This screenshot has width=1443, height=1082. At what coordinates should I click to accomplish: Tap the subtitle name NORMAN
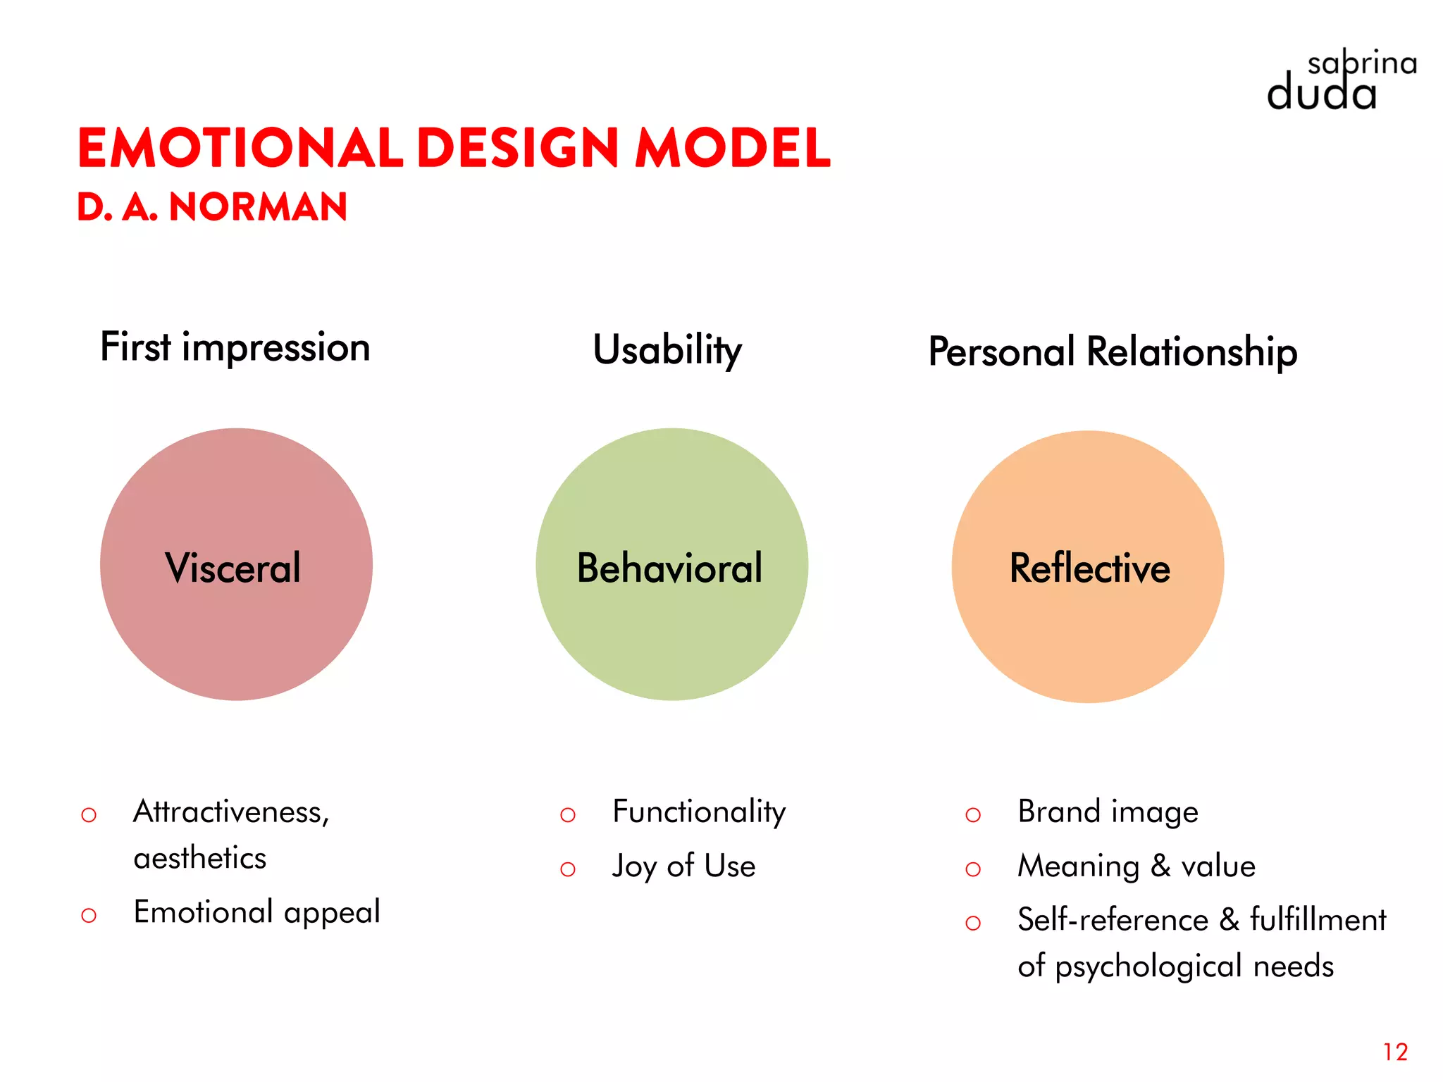click(258, 207)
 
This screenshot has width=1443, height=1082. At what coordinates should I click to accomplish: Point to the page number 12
click(1395, 1052)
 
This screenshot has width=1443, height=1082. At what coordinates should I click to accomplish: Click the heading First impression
click(235, 347)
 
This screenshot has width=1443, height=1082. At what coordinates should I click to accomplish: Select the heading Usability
click(667, 350)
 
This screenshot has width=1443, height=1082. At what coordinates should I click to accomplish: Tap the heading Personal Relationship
click(1113, 352)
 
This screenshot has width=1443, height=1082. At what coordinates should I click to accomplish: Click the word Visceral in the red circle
click(233, 568)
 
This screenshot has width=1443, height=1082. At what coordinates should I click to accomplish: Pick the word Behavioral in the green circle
click(669, 568)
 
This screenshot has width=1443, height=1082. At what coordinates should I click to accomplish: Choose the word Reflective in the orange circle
click(1089, 568)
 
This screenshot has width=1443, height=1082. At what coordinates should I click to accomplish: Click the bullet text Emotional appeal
click(257, 912)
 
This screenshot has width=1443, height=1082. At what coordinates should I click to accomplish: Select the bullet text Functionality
click(699, 812)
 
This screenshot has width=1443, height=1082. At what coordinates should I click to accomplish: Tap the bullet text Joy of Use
click(683, 866)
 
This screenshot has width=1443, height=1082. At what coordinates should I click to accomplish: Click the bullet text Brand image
click(1108, 812)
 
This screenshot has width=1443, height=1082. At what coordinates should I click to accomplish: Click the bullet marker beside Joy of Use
click(568, 869)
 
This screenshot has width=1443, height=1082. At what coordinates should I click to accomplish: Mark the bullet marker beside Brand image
click(973, 815)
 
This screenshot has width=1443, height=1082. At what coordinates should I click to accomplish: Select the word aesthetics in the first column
click(200, 858)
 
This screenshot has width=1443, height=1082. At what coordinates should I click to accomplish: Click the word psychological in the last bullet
click(1148, 966)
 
